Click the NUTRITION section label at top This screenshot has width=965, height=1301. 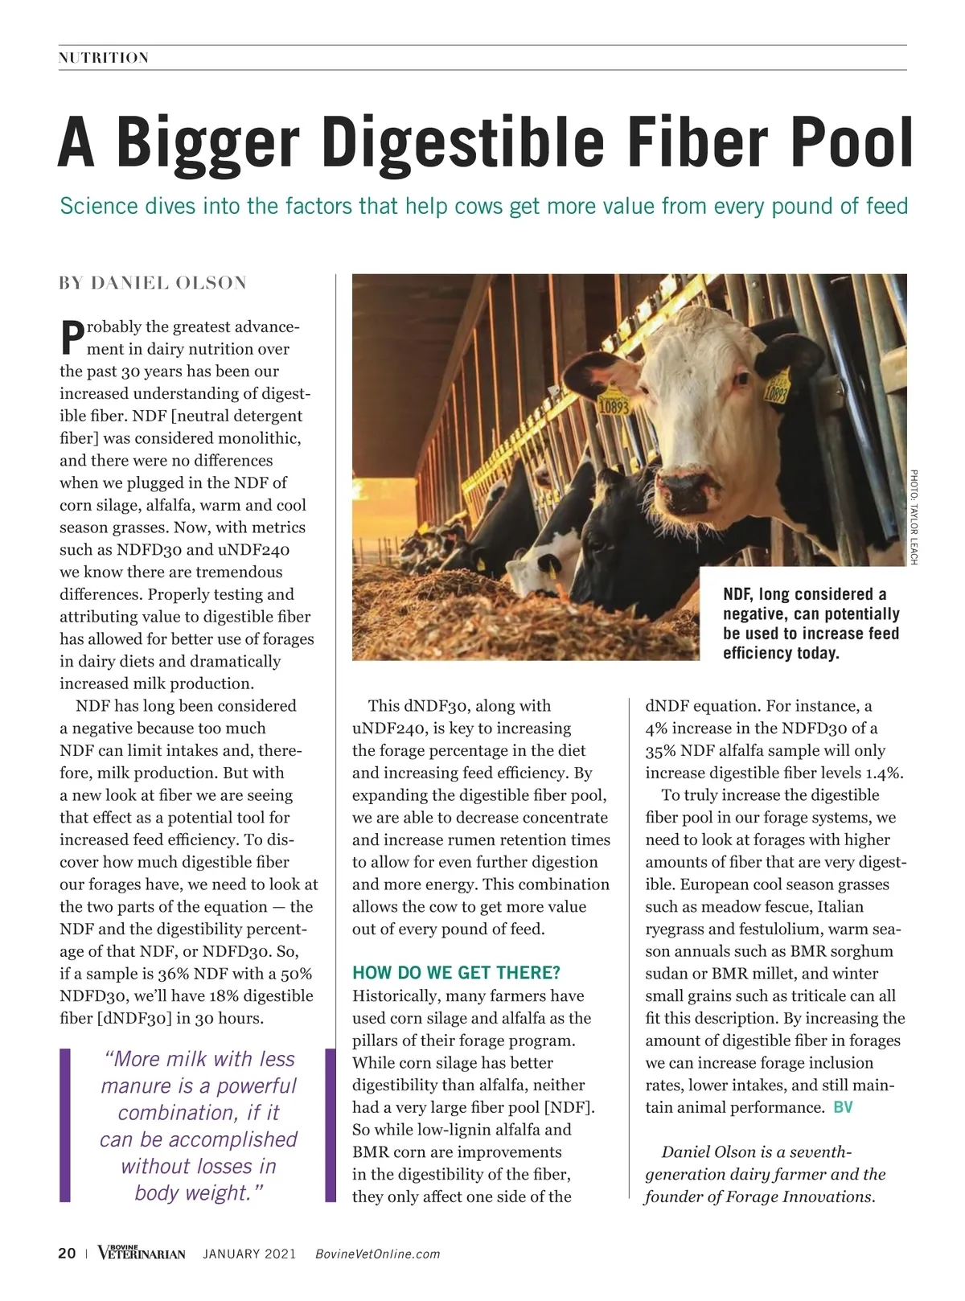[104, 58]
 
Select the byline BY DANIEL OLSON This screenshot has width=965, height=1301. [153, 283]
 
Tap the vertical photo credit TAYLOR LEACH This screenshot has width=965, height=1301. [914, 516]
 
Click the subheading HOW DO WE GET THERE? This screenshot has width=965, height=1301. [457, 973]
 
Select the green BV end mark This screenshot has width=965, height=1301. [843, 1107]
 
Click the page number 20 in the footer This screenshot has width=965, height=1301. [67, 1254]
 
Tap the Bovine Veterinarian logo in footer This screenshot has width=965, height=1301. [142, 1253]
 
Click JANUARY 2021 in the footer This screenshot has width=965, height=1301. [249, 1254]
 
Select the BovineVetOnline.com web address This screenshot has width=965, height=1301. [378, 1254]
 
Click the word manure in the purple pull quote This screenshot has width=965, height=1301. [133, 1086]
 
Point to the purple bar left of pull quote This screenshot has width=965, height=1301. [65, 1125]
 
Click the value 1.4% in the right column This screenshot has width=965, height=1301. [884, 773]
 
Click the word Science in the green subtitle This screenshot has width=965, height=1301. [99, 207]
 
